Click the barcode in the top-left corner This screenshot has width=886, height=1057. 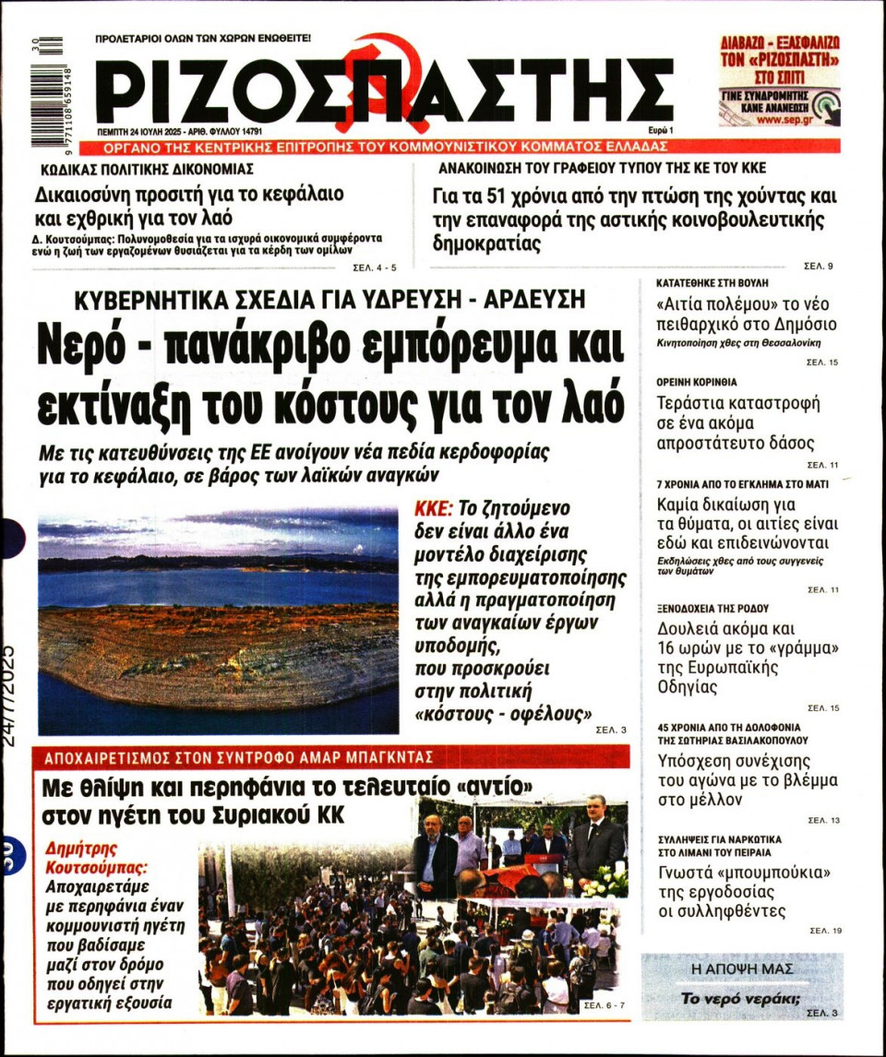(x=45, y=90)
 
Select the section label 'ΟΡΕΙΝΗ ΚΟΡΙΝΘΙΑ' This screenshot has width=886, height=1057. (x=697, y=381)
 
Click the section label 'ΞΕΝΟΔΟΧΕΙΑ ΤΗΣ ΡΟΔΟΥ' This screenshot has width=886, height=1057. (x=712, y=609)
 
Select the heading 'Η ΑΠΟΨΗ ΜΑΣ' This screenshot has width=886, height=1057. (x=741, y=968)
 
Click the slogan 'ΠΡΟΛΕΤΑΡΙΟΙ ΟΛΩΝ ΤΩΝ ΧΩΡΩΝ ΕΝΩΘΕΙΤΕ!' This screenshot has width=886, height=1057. (x=203, y=39)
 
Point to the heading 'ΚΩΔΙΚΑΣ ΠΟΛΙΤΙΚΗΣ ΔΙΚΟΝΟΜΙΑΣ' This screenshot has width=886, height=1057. (x=147, y=170)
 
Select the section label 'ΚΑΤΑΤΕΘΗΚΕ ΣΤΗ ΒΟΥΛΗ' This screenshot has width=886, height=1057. (x=712, y=282)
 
